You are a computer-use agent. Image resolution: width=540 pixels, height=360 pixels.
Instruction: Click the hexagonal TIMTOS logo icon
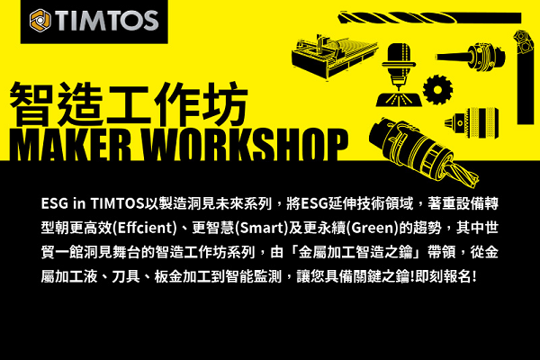tap(40, 21)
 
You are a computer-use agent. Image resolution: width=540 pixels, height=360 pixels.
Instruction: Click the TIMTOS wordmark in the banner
tap(107, 21)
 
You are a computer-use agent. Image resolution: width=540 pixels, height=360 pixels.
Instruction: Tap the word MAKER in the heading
tap(70, 145)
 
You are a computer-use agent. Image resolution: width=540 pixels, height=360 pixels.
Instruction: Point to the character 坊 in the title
tap(225, 104)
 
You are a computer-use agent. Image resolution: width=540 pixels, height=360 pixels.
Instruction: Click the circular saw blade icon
tap(437, 90)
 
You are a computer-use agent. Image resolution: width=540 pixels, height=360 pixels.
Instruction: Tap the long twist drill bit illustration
tap(429, 18)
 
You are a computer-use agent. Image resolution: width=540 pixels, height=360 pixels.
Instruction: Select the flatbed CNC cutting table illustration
tap(334, 57)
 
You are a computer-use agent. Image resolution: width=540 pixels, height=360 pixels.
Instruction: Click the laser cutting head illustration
tap(399, 75)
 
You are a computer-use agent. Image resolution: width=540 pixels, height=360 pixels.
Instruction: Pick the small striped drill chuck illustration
tap(472, 123)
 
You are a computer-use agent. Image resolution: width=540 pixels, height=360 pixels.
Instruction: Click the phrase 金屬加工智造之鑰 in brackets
tap(355, 252)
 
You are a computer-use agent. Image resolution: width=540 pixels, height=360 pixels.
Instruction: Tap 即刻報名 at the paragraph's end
tap(444, 276)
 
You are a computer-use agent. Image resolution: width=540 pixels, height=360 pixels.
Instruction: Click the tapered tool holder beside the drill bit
tap(471, 56)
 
